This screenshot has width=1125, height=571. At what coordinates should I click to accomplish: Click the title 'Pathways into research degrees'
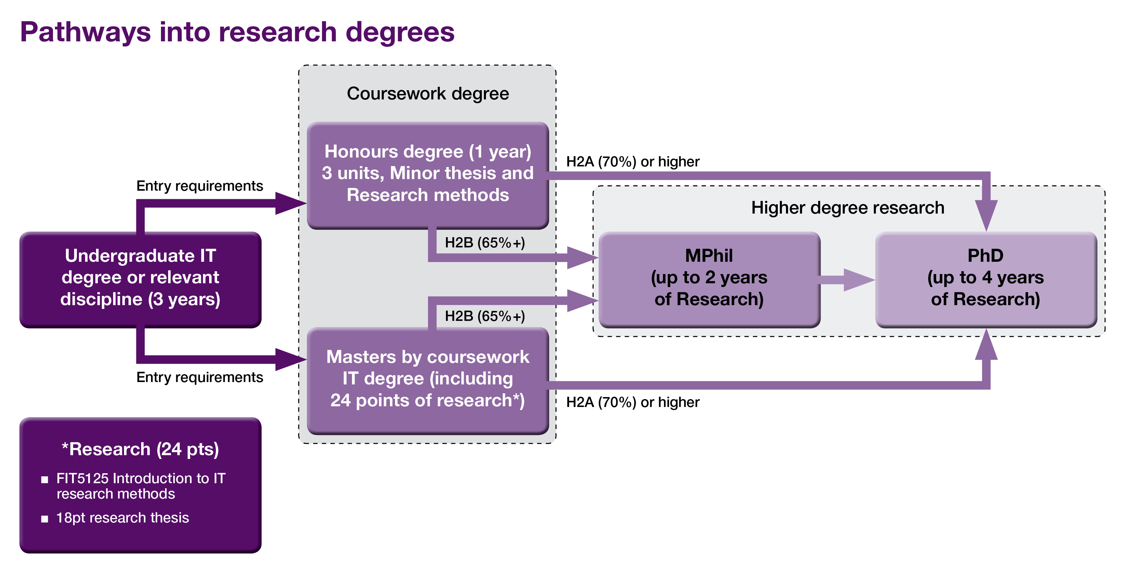[x=237, y=32]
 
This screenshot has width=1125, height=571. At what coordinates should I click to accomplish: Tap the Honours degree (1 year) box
[x=428, y=174]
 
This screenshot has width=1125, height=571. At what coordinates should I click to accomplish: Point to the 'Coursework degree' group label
[x=428, y=93]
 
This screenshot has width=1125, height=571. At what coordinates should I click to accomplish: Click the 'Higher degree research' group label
[x=847, y=208]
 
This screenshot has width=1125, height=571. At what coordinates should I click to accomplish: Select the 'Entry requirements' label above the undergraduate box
[x=200, y=186]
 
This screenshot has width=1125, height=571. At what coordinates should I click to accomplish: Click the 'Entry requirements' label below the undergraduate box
[x=200, y=377]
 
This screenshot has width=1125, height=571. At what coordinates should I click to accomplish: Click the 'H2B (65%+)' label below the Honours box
[x=485, y=243]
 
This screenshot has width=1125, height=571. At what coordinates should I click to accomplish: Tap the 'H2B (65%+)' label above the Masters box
[x=485, y=316]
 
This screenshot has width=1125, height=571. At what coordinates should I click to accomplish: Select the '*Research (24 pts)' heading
[x=140, y=449]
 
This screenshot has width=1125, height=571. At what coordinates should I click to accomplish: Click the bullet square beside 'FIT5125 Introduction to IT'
[x=44, y=480]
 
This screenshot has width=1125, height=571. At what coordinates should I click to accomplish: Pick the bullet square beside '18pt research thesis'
[x=44, y=519]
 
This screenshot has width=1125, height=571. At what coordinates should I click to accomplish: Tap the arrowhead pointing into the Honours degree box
[x=290, y=203]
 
